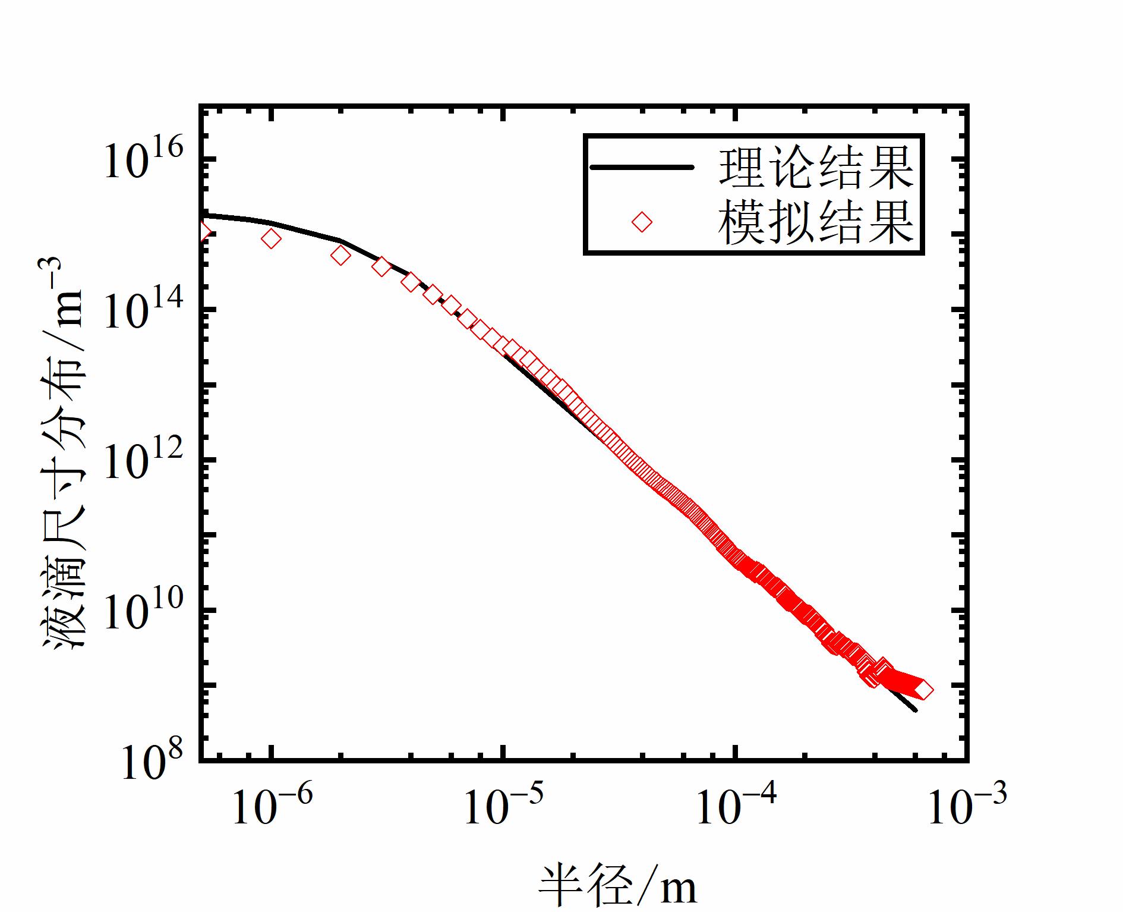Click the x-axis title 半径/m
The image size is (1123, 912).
pos(618,886)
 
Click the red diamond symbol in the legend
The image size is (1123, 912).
pos(642,222)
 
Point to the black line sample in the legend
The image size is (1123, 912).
pos(642,168)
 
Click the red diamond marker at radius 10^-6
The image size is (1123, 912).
pos(272,239)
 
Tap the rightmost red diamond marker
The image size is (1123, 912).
pos(923,690)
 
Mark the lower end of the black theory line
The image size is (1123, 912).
pos(915,709)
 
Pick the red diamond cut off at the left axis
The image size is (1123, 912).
pos(204,231)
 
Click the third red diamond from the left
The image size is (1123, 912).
pos(341,256)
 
